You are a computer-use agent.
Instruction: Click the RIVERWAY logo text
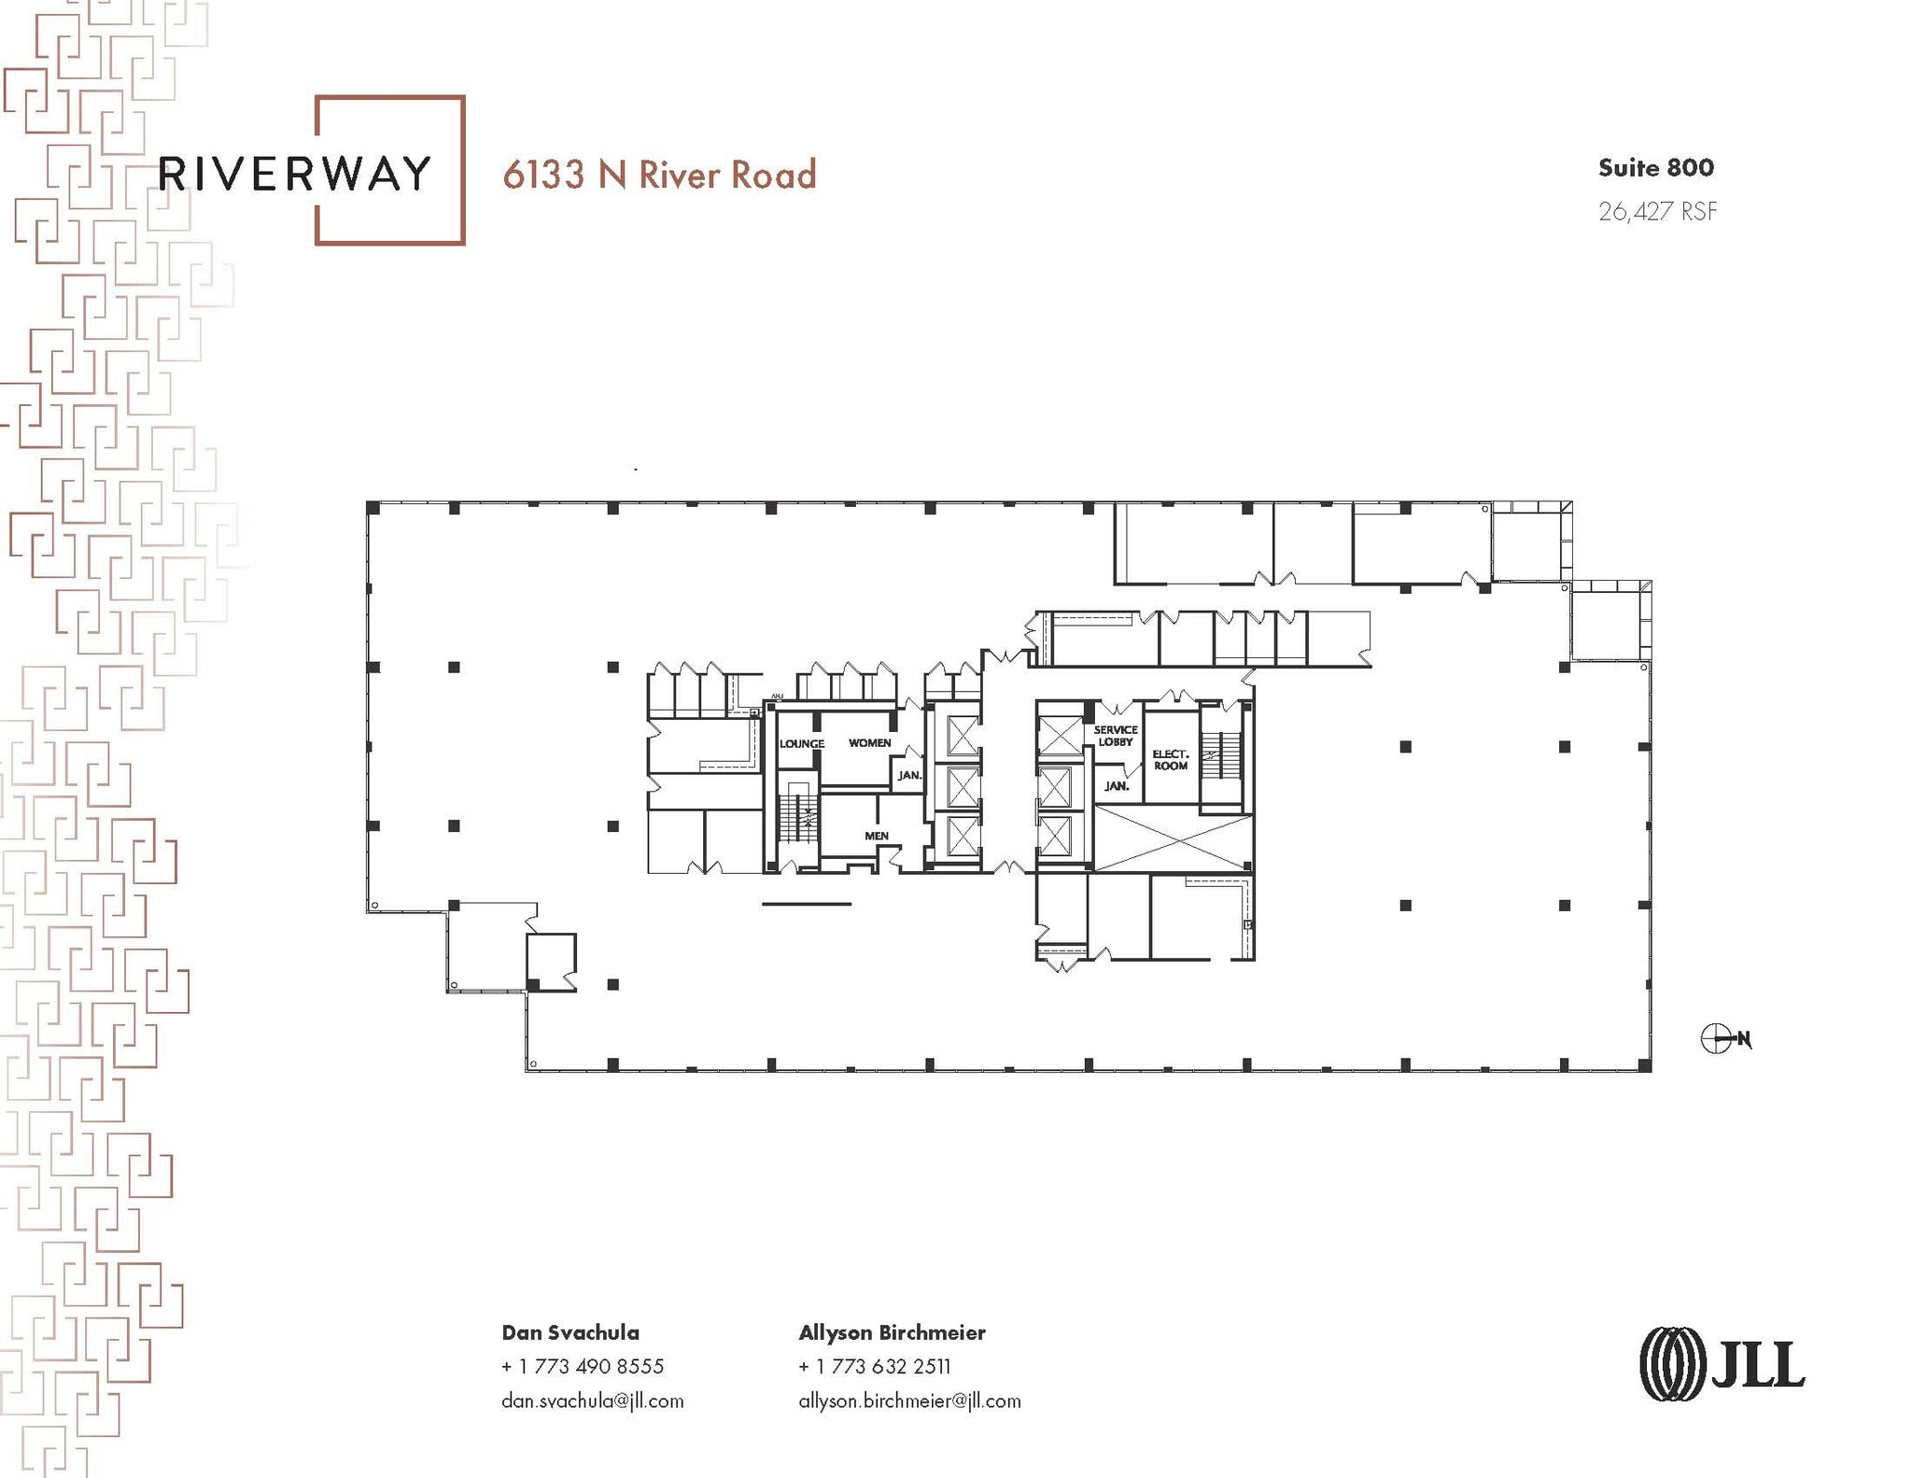[294, 174]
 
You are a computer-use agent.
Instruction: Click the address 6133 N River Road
[659, 175]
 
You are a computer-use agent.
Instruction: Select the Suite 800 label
[1655, 168]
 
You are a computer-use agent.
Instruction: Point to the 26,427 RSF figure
[1657, 212]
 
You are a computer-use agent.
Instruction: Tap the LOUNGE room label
[801, 744]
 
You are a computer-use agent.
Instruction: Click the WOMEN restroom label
[869, 743]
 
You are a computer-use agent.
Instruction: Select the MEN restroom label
[876, 836]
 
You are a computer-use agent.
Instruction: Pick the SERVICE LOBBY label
[1116, 736]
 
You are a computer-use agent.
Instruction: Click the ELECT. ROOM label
[1170, 759]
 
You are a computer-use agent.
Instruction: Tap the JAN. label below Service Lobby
[1117, 786]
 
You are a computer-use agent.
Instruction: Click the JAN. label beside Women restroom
[909, 775]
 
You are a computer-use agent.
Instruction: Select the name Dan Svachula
[569, 1332]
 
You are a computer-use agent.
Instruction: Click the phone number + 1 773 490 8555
[582, 1366]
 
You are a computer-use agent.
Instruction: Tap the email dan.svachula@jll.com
[592, 1401]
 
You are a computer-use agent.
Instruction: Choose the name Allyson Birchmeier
[892, 1332]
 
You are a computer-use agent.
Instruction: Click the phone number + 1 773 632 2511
[874, 1366]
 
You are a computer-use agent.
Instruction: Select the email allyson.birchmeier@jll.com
[909, 1401]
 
